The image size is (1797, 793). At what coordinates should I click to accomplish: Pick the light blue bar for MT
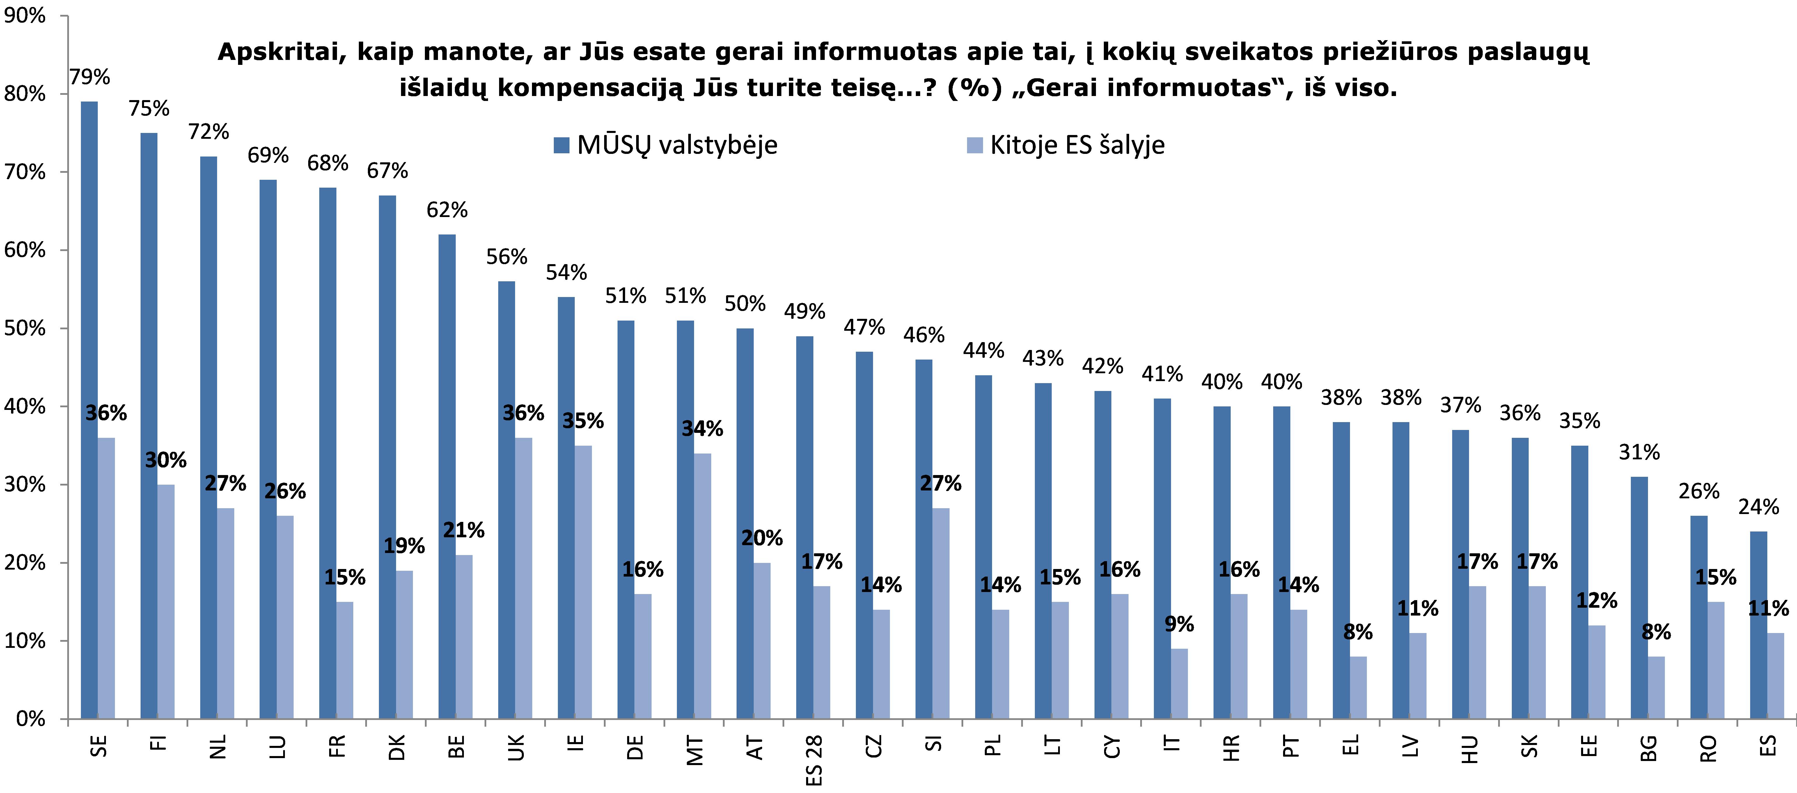coord(703,586)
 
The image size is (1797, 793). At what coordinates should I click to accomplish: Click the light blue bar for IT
coord(1179,684)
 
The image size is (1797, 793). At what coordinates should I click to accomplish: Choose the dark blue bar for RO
coord(1699,617)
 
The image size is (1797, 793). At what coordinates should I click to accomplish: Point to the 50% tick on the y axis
coord(25,328)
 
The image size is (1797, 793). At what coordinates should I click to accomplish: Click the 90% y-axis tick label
coord(25,15)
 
